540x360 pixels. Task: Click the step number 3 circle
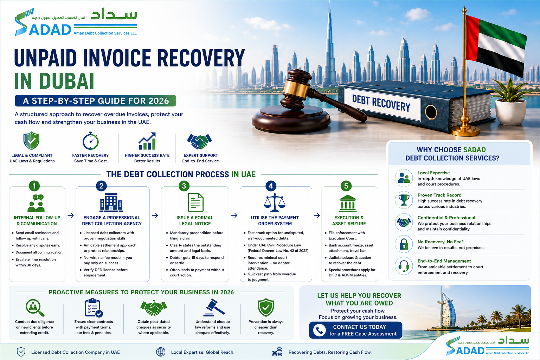184,186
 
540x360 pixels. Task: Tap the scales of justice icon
275,202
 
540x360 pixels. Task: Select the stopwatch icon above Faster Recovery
90,141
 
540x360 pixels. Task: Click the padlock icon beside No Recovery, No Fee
404,244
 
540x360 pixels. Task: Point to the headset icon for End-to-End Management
404,266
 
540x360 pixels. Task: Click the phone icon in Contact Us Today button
320,330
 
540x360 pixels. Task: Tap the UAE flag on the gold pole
495,45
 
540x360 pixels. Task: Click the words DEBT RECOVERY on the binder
381,103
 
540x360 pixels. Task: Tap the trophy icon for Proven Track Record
404,200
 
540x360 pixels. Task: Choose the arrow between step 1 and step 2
71,215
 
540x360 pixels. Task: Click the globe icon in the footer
161,352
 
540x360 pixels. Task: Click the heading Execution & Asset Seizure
349,221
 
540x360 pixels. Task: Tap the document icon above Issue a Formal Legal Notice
195,202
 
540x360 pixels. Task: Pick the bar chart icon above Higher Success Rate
147,141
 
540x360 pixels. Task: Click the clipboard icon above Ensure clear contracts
94,307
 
